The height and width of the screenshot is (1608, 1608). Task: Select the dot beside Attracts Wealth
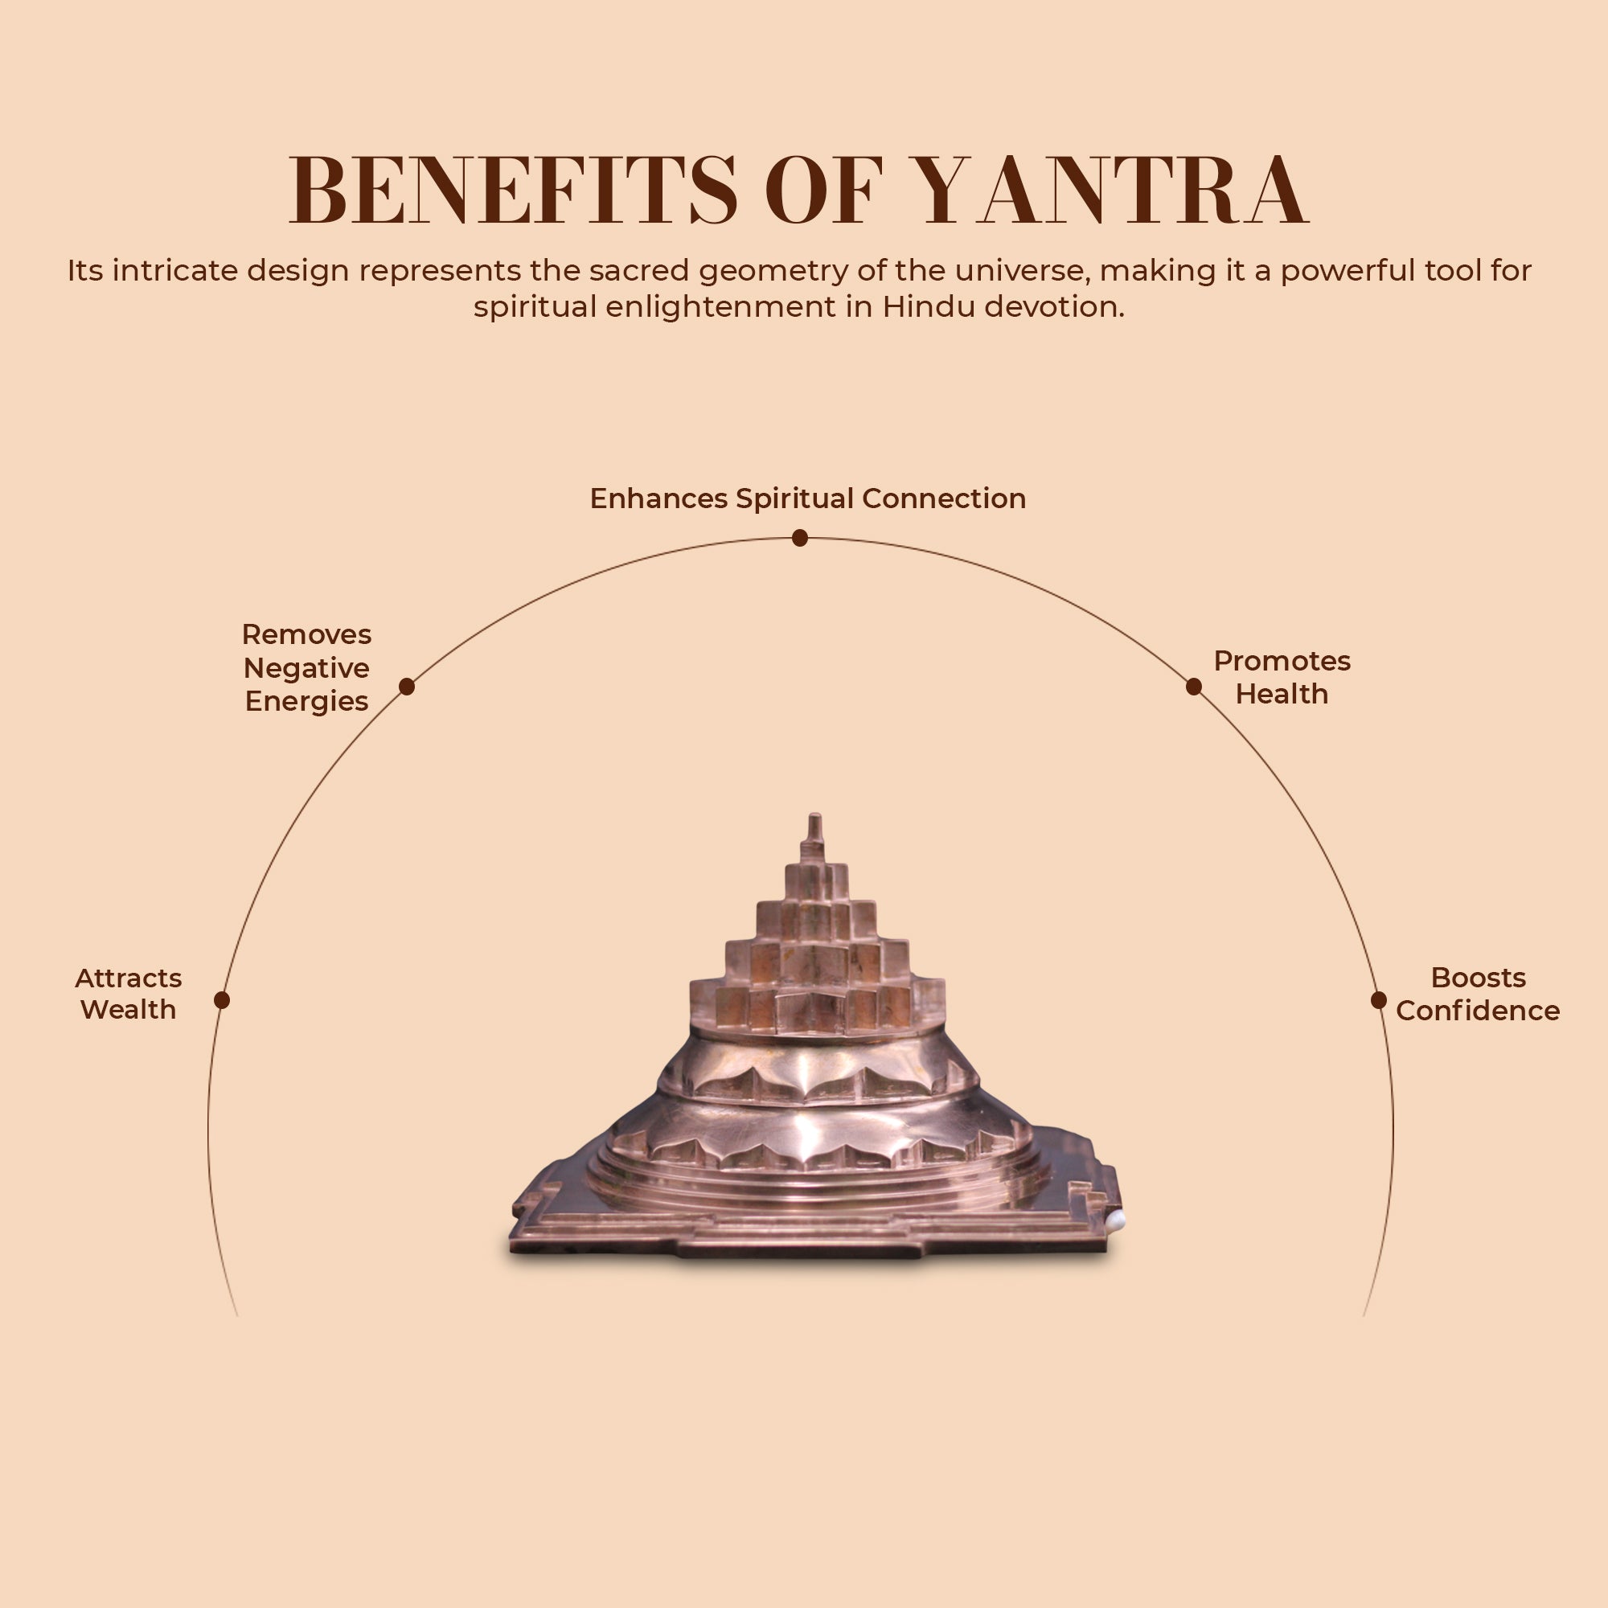(x=221, y=999)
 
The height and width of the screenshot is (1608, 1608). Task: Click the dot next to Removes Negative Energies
(x=406, y=686)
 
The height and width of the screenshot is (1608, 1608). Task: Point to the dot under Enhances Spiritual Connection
(x=800, y=538)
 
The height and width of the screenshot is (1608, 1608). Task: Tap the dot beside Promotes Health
(x=1193, y=686)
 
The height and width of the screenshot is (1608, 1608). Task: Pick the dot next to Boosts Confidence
(x=1378, y=999)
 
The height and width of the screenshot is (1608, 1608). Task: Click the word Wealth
(x=128, y=1011)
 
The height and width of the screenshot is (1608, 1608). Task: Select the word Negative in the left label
(x=306, y=668)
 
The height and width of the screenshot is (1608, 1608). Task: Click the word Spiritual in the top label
(x=795, y=498)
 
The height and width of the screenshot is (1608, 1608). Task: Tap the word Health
(x=1282, y=694)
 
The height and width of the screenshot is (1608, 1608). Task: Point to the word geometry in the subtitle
(x=766, y=270)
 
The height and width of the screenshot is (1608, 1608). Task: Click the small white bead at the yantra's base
(x=1117, y=1221)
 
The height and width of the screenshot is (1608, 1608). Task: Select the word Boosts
(x=1479, y=978)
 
